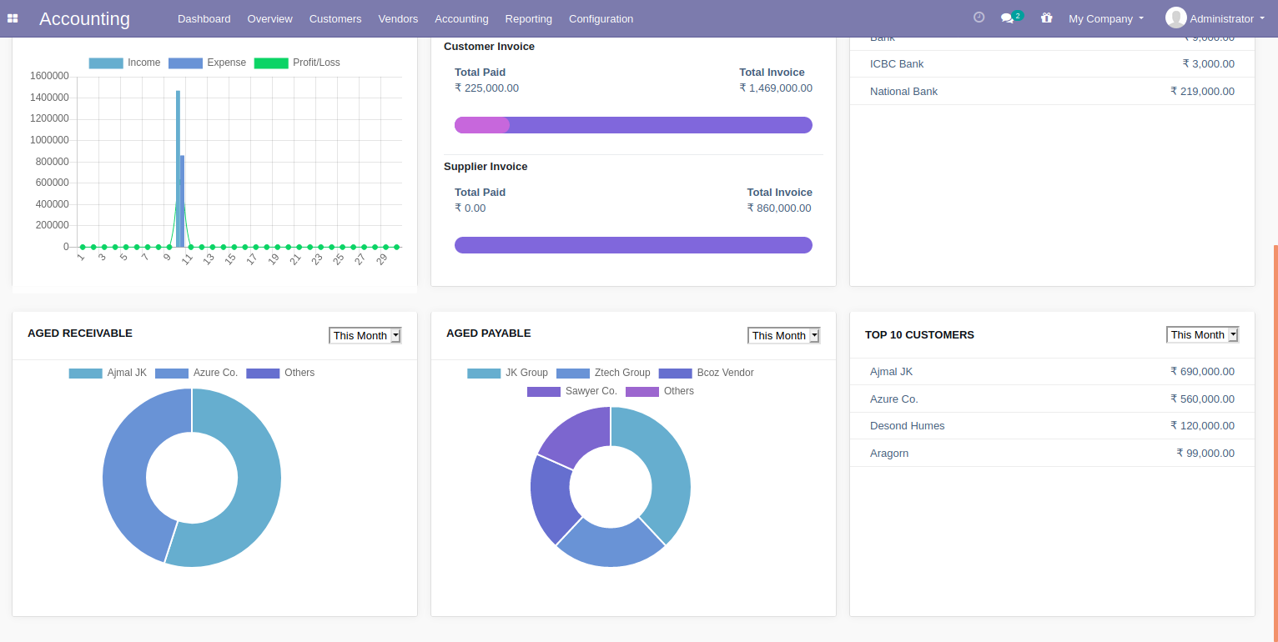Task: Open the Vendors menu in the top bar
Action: point(398,18)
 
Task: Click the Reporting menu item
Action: point(528,18)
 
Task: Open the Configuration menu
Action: point(601,18)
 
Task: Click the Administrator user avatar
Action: point(1175,18)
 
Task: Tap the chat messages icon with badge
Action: point(1008,18)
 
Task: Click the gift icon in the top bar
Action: point(1046,18)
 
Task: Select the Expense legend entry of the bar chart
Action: point(208,63)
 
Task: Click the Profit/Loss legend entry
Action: point(297,63)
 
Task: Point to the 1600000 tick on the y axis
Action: point(49,76)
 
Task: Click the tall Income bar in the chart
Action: point(178,167)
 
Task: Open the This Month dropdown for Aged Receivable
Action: point(365,335)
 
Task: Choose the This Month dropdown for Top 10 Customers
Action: point(1202,334)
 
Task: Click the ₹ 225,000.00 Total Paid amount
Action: point(486,88)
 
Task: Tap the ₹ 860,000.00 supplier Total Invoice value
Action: point(779,208)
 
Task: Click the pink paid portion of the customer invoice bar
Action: point(481,125)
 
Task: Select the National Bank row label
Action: point(903,91)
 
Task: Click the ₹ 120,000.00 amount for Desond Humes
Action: point(1202,425)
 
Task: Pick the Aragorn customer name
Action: point(889,453)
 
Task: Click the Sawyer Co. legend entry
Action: point(572,391)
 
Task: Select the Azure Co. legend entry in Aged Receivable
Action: point(197,373)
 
